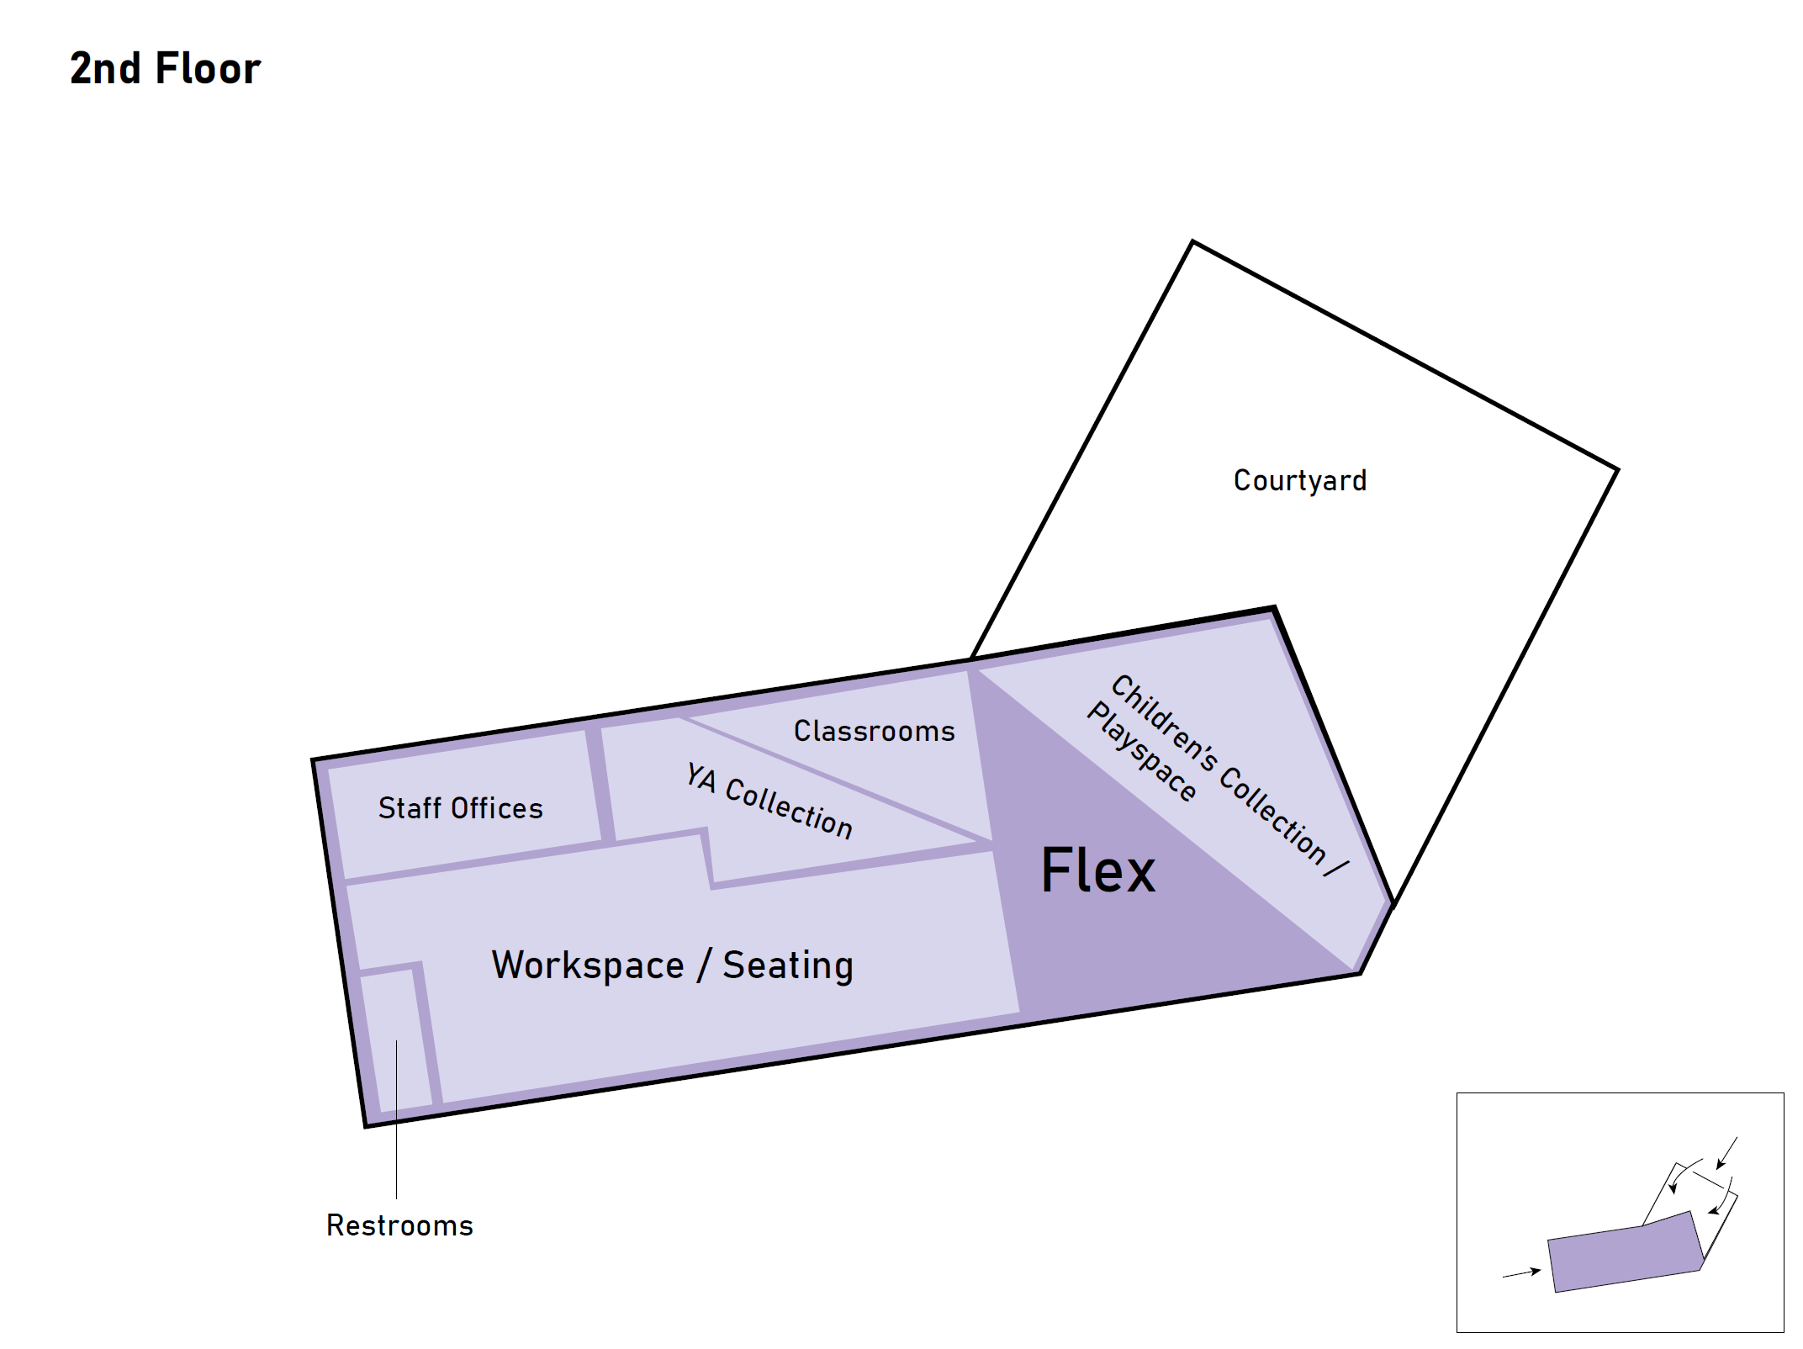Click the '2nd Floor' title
click(x=165, y=68)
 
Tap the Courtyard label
click(x=1299, y=480)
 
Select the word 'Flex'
click(x=1097, y=870)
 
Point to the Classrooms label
click(x=874, y=731)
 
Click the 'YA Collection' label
click(x=769, y=800)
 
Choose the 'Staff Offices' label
click(x=460, y=808)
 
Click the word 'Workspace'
click(x=587, y=965)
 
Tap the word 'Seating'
click(x=788, y=965)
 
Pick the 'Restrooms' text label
click(x=399, y=1225)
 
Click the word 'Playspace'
click(x=1141, y=752)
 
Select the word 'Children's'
click(x=1164, y=723)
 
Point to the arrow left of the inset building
click(x=1520, y=1273)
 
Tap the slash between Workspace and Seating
click(x=704, y=965)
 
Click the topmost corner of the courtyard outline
click(x=1192, y=242)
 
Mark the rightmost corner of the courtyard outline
click(x=1617, y=469)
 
